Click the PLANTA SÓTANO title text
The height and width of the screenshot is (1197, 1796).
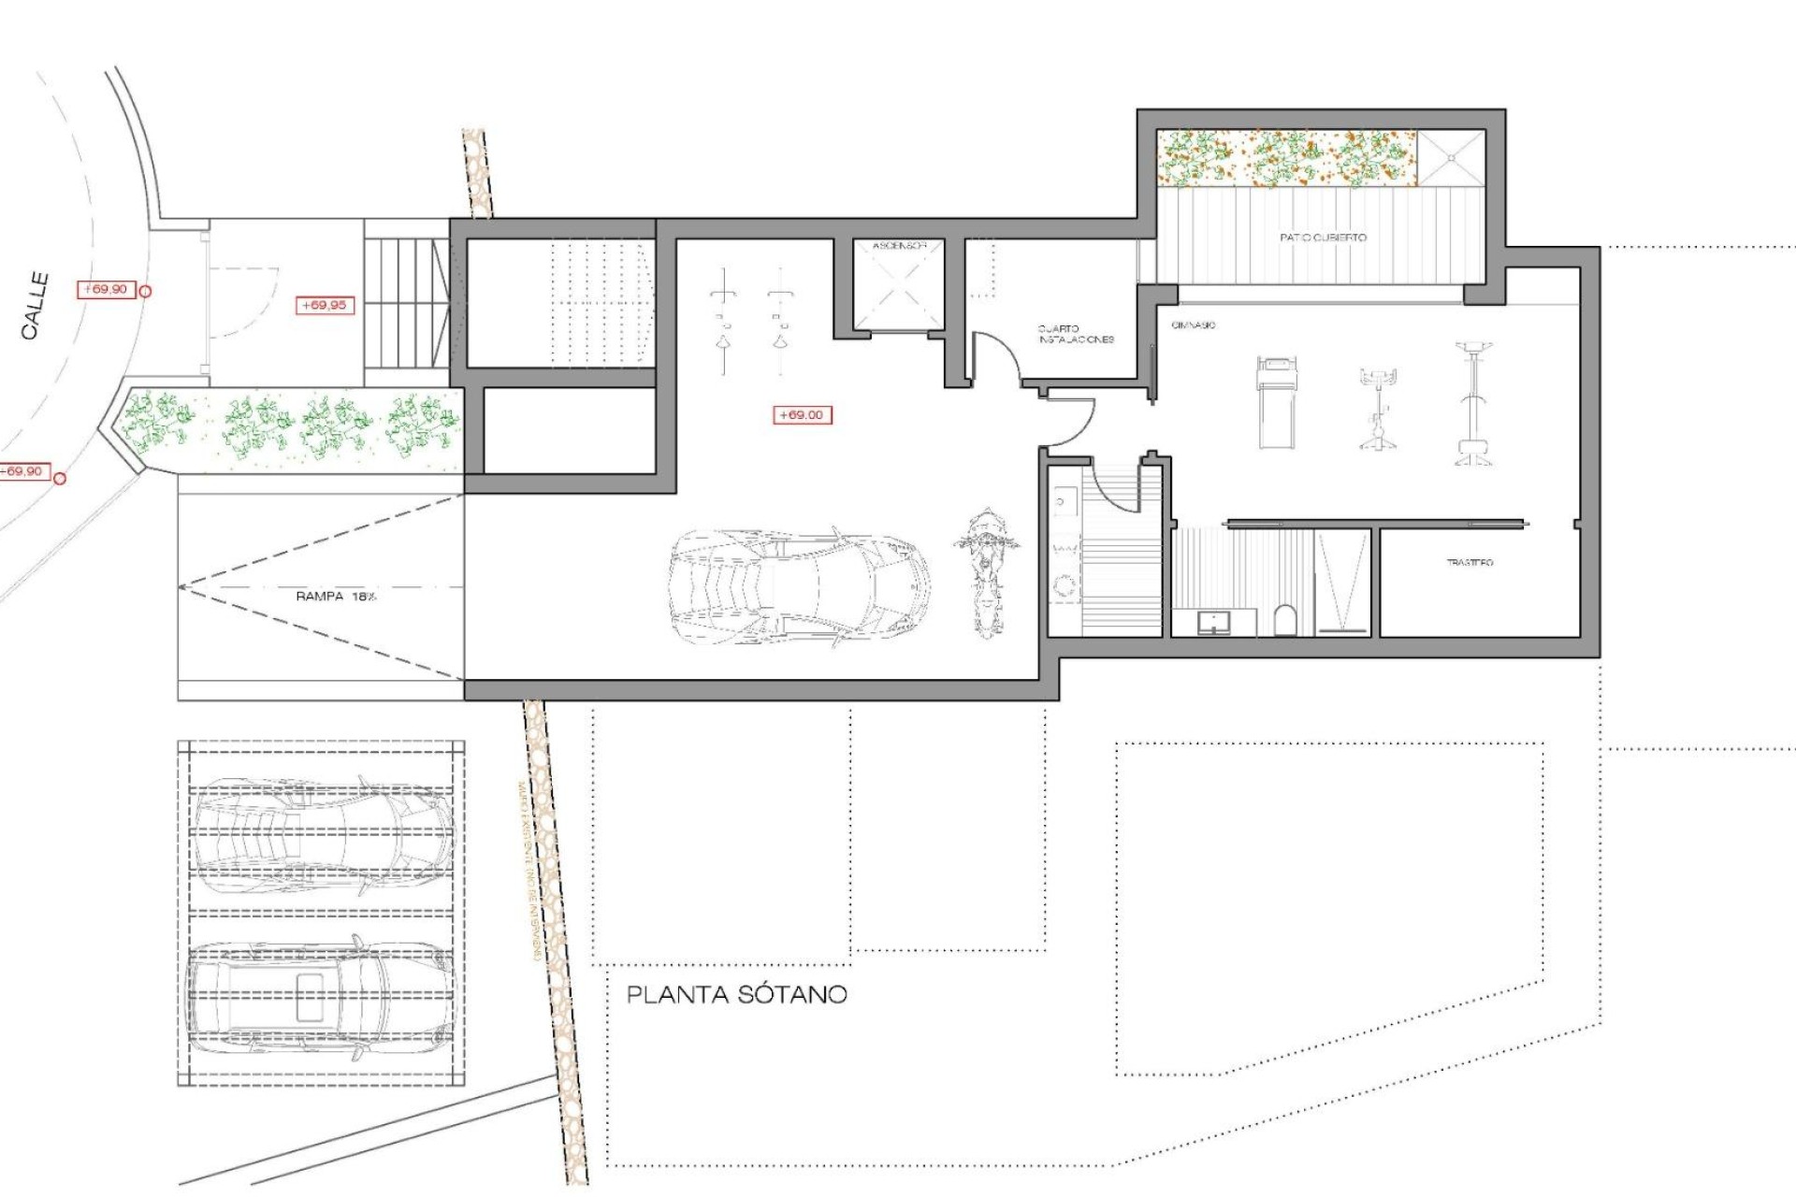(x=736, y=994)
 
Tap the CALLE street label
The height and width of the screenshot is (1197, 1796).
(x=36, y=306)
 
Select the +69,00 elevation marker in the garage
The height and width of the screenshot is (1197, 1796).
(x=802, y=414)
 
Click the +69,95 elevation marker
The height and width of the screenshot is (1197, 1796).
(x=325, y=305)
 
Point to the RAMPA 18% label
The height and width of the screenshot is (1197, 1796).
(x=335, y=596)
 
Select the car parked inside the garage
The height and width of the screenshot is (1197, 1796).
(x=800, y=586)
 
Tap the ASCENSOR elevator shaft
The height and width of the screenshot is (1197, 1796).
(x=898, y=286)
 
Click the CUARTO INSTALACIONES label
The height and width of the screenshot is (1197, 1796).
(x=1076, y=334)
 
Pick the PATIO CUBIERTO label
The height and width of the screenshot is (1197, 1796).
(x=1323, y=238)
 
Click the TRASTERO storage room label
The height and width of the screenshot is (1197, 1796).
(x=1470, y=562)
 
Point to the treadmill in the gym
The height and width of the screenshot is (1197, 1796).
(x=1277, y=402)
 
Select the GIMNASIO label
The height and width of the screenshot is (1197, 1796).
(x=1194, y=324)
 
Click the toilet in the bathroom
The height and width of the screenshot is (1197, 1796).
(x=1286, y=620)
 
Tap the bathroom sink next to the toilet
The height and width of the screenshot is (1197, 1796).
(x=1214, y=621)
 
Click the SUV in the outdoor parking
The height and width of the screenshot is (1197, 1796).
(x=321, y=1000)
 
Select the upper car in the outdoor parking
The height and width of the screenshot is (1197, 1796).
(x=323, y=834)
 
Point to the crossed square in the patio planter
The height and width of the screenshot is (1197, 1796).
(x=1452, y=158)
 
